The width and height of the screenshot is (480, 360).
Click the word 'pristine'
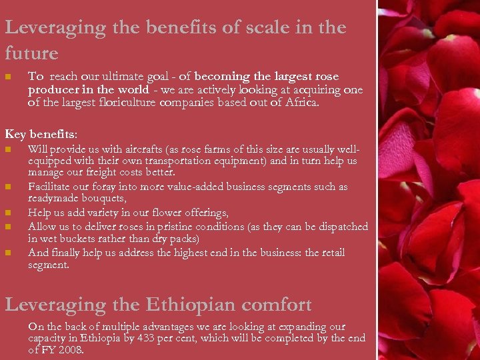207,227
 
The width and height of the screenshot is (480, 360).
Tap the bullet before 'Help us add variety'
8,213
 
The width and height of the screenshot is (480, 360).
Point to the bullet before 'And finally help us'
8,253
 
